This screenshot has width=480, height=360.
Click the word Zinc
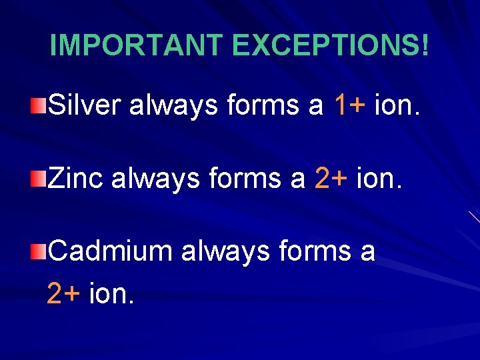[x=76, y=178]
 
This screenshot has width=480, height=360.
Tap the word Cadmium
[x=111, y=252]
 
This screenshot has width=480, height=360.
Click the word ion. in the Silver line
[x=398, y=105]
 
